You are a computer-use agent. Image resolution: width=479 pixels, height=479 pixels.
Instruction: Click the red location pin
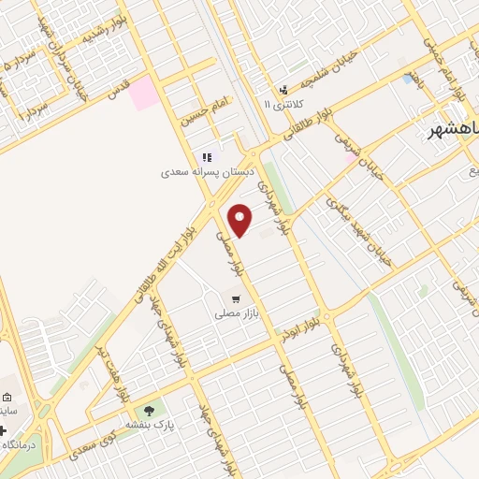tap(240, 220)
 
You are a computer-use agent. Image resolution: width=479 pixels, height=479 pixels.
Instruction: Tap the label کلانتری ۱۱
tap(280, 106)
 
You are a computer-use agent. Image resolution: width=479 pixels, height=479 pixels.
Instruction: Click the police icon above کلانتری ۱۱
tap(283, 90)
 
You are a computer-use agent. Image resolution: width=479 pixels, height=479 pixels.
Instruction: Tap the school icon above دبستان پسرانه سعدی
tap(206, 157)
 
